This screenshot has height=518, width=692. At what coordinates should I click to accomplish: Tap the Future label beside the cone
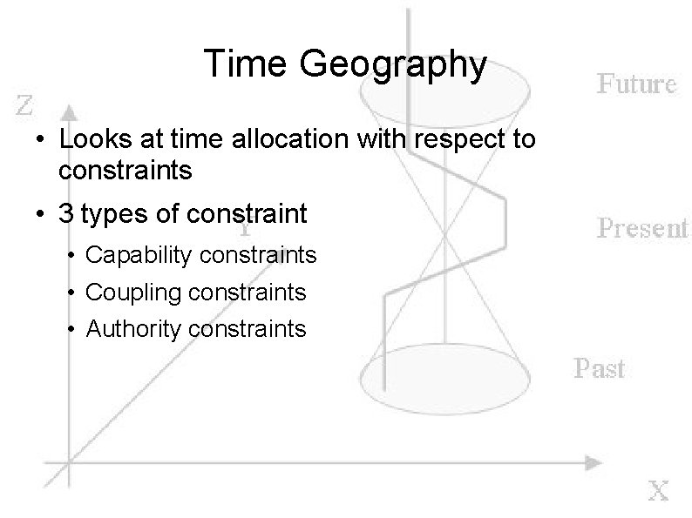636,84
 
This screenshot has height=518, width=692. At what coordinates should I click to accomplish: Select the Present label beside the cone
642,228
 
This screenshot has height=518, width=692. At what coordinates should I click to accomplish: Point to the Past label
600,368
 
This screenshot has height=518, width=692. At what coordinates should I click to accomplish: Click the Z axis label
27,107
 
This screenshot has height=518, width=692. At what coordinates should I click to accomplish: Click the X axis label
658,491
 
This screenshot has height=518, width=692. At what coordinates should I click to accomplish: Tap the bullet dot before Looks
40,139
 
